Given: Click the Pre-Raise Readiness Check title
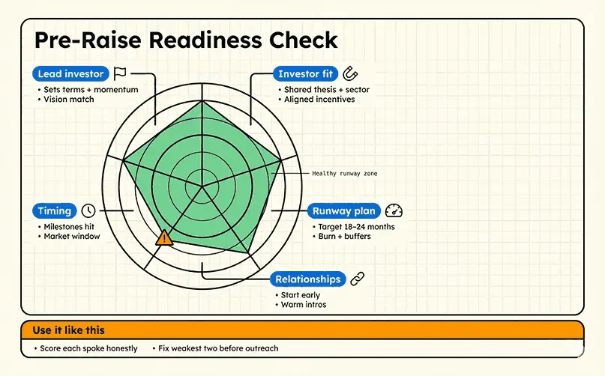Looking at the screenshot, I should tap(186, 41).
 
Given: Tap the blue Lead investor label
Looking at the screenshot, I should tap(70, 74).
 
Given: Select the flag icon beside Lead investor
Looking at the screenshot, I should tap(120, 73).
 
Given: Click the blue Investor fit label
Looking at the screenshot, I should tap(304, 74).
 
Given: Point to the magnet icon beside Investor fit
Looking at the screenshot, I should tap(350, 73).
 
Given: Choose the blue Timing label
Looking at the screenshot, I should tap(55, 210).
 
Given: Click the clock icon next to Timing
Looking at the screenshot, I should tap(88, 210).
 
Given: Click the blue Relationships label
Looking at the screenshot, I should tap(307, 279).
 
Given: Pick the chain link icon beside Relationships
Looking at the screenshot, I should tap(357, 279).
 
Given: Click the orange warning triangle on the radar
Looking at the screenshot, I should tap(164, 238).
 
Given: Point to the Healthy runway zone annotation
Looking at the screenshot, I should tap(344, 173).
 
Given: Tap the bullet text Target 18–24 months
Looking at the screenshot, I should tap(355, 227).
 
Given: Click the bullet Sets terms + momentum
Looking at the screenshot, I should tap(91, 90).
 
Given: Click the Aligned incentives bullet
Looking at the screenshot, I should tap(319, 100).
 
